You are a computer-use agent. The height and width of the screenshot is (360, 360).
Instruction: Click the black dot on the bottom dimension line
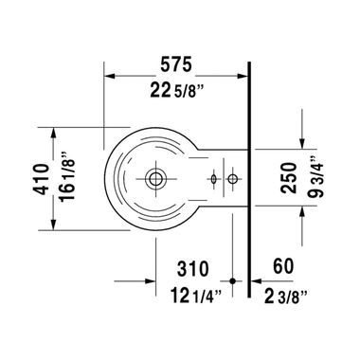pos(233,280)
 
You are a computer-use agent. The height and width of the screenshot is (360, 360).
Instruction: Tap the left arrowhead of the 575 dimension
pos(107,76)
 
